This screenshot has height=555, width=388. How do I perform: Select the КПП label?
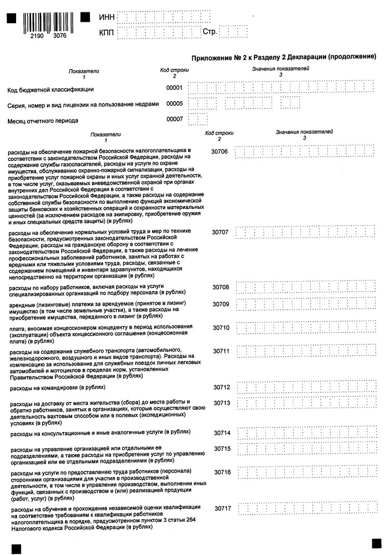107,33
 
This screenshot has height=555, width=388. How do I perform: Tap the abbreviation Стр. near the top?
209,32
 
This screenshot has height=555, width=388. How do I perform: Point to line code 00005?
174,104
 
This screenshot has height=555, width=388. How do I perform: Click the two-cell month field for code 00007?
198,120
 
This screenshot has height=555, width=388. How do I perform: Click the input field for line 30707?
305,233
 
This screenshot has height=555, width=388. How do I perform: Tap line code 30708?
221,287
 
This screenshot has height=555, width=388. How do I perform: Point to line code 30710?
221,328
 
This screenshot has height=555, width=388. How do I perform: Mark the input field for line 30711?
305,352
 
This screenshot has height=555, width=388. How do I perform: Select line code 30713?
221,403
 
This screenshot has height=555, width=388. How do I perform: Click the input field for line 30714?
305,433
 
